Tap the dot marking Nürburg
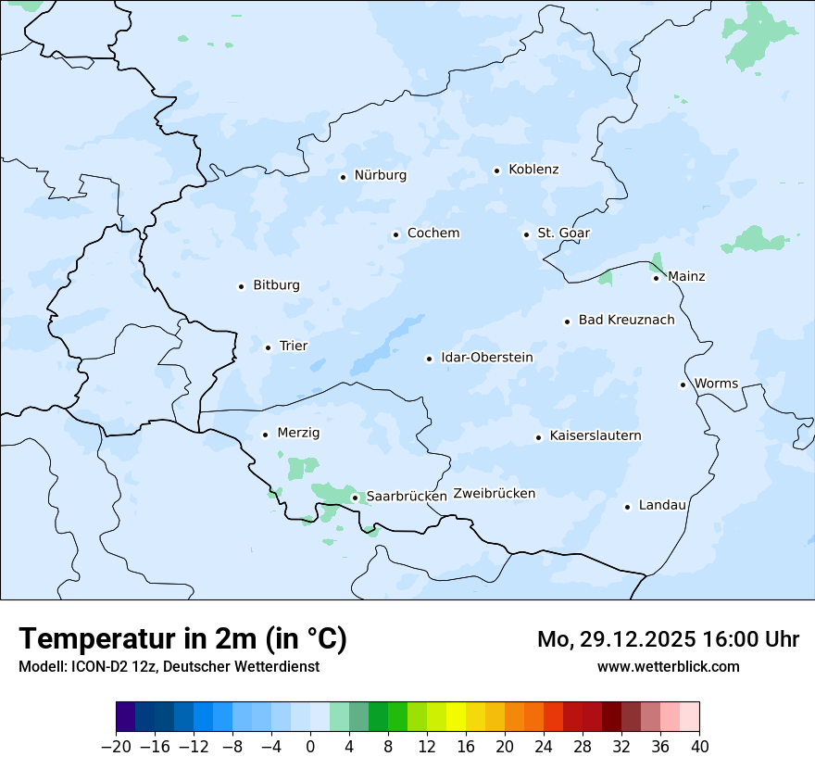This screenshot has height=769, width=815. click(343, 176)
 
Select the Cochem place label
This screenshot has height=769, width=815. click(433, 233)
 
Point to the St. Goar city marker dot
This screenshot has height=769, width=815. click(526, 234)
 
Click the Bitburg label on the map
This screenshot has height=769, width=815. click(276, 285)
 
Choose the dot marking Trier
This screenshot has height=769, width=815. click(268, 347)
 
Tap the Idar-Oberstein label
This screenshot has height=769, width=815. click(486, 358)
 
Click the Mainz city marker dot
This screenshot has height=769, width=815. click(656, 278)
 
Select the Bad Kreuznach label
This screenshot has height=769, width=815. click(626, 321)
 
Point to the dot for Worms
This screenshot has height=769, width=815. click(683, 384)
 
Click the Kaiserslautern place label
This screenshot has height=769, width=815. click(595, 435)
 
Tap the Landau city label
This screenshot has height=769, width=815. click(662, 505)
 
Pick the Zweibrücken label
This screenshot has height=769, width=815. click(494, 494)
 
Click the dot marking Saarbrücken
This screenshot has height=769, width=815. click(355, 498)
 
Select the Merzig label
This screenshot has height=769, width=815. click(298, 434)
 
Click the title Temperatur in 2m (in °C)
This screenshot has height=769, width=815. click(182, 639)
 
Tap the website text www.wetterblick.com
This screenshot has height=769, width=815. click(668, 666)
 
